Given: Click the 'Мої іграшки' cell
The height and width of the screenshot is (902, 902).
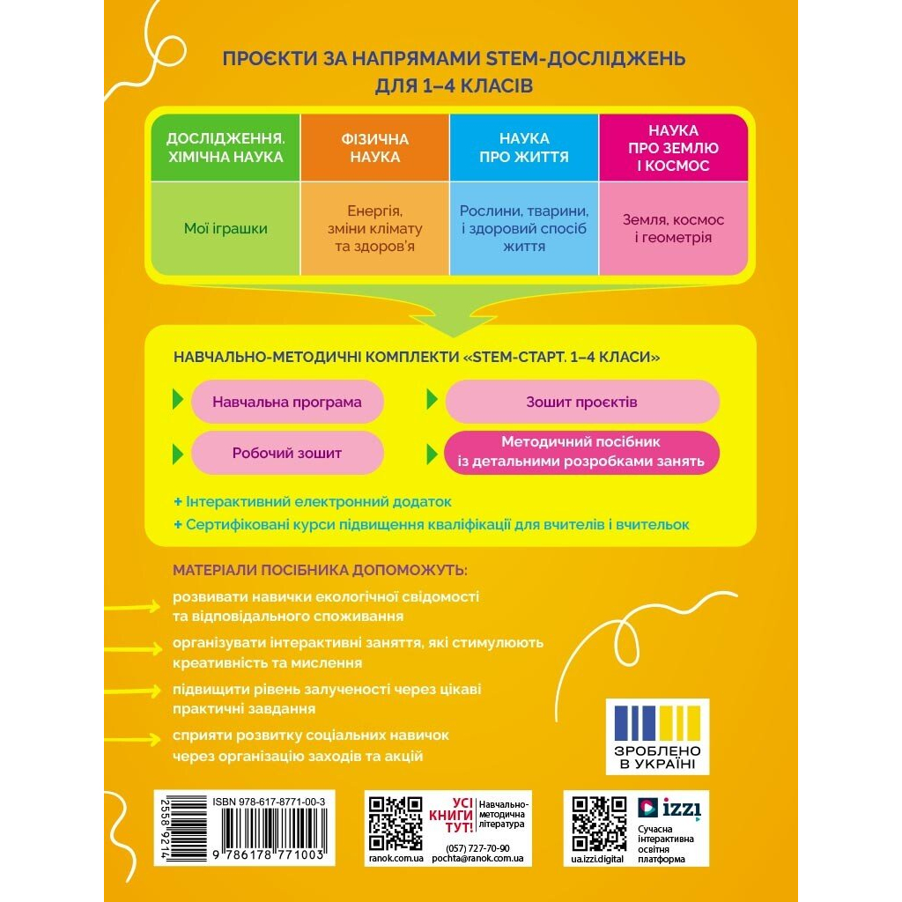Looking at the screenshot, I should coord(225,229).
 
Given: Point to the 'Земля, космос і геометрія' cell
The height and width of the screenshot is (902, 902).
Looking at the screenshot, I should coord(673,229).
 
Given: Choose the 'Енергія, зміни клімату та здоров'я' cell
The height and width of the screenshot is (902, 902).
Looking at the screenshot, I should coord(375,229).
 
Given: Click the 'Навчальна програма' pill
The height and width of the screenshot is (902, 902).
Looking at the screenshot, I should coord(287,402).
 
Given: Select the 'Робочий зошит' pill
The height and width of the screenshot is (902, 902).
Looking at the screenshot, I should coord(287,453).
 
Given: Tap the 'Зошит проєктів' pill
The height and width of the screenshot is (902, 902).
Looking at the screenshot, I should coord(581,402).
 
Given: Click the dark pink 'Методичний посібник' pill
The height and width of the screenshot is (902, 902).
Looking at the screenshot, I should coord(581,451).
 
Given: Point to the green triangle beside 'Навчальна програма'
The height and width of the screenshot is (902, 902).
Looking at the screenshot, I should coord(178,400).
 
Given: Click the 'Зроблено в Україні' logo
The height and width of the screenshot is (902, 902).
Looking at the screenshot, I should coord(669,736).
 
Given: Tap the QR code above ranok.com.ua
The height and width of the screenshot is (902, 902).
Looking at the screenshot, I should coord(394,823).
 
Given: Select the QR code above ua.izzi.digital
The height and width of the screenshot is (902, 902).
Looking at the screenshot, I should coord(599,823).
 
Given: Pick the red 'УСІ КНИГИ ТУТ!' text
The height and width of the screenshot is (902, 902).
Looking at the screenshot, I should coord(462,816).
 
